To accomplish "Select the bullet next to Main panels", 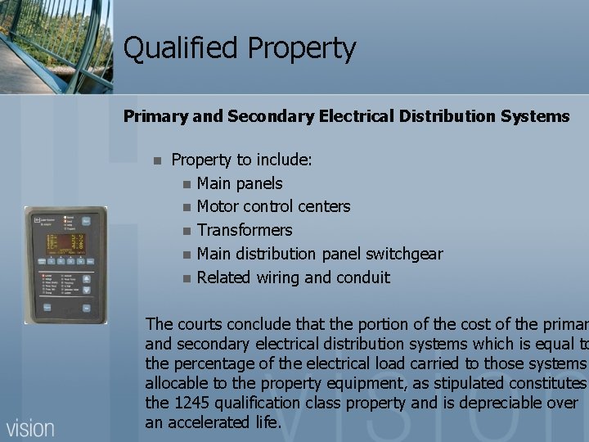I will click(187, 184).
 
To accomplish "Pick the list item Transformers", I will click(245, 230).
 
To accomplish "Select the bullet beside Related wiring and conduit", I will click(187, 278).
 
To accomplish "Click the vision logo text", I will click(31, 427).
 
